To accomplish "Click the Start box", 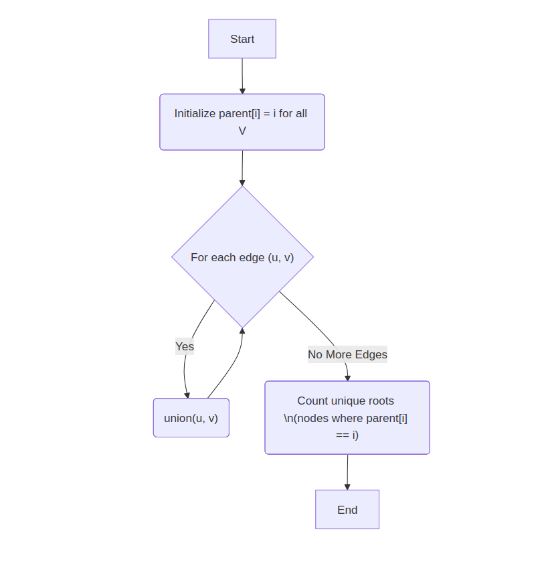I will tap(242, 39).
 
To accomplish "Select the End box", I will tap(347, 510).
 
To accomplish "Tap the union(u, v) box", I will tap(191, 418).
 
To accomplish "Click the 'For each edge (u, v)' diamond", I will tap(242, 257).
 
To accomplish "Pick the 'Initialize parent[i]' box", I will tap(242, 122).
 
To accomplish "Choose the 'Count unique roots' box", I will tap(347, 418).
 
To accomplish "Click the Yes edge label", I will tap(185, 346).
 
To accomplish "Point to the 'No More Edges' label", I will tap(347, 354).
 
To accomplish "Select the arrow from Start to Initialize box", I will tap(242, 76).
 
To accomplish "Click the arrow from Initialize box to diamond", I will tap(242, 167).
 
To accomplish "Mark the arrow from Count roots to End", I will tap(347, 472).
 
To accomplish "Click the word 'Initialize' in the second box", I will tap(195, 113).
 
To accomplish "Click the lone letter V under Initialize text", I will tap(242, 131).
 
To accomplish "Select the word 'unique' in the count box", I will tap(347, 401).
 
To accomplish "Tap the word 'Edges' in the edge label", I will tap(371, 354).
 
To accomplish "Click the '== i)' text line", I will tap(347, 435).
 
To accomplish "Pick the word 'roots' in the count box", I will tap(381, 401).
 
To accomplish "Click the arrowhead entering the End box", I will tap(347, 487).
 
